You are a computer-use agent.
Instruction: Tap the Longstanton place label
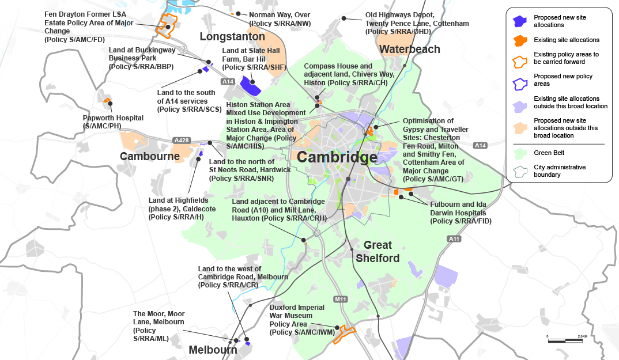pyautogui.click(x=232, y=37)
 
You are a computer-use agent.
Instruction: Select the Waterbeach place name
pyautogui.click(x=410, y=49)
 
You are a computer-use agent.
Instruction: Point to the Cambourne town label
pyautogui.click(x=150, y=156)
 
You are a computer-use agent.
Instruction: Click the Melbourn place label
pyautogui.click(x=213, y=350)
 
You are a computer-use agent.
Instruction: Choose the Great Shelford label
pyautogui.click(x=378, y=252)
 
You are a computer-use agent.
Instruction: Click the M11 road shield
pyautogui.click(x=341, y=299)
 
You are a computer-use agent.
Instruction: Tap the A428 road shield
pyautogui.click(x=180, y=140)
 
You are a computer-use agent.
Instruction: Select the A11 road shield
pyautogui.click(x=454, y=238)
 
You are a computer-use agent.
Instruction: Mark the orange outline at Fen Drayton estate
pyautogui.click(x=167, y=27)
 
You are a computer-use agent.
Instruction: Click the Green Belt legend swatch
pyautogui.click(x=520, y=153)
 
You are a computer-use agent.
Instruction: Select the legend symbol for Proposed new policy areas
pyautogui.click(x=520, y=80)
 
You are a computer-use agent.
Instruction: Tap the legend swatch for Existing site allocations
pyautogui.click(x=520, y=40)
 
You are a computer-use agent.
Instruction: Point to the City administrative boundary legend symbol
pyautogui.click(x=520, y=170)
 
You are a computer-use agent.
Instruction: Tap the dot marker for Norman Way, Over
pyautogui.click(x=238, y=13)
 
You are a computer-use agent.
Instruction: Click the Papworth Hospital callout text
pyautogui.click(x=113, y=122)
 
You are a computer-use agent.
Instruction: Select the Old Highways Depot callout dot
pyautogui.click(x=344, y=18)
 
